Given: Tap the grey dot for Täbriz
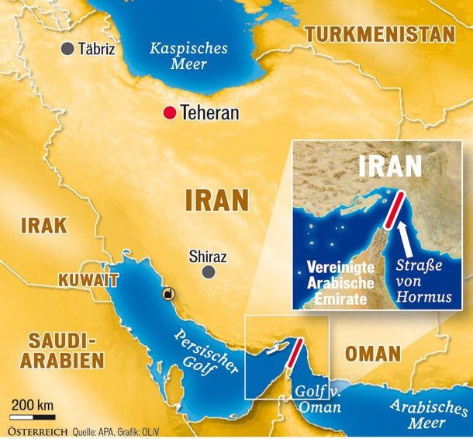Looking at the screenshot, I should pyautogui.click(x=68, y=49).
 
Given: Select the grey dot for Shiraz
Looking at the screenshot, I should pyautogui.click(x=209, y=272).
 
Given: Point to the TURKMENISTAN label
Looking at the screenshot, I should pyautogui.click(x=379, y=34).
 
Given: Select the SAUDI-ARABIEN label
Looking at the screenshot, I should pyautogui.click(x=62, y=351).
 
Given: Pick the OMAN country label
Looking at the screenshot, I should pyautogui.click(x=373, y=354).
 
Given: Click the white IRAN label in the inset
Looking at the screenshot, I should pyautogui.click(x=391, y=166).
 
